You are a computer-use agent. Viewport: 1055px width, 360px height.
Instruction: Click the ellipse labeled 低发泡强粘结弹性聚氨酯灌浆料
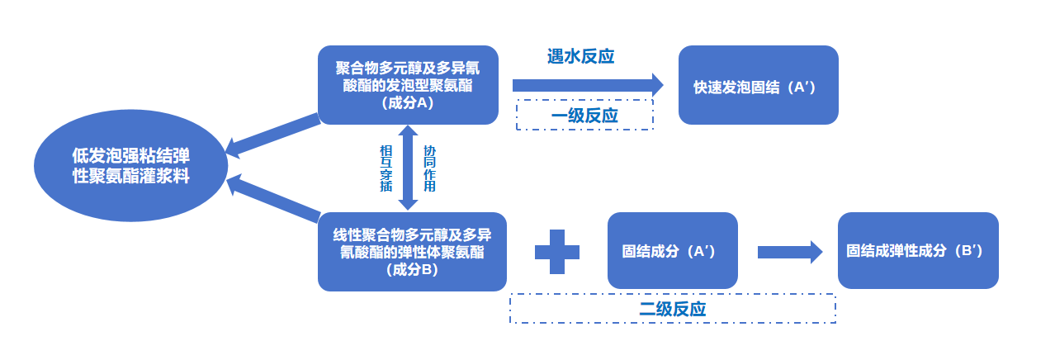pyautogui.click(x=130, y=166)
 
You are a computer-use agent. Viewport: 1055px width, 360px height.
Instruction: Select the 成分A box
pyautogui.click(x=408, y=85)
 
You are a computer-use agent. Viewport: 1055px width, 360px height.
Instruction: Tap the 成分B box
pyautogui.click(x=412, y=252)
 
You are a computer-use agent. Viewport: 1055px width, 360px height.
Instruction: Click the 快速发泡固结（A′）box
pyautogui.click(x=758, y=85)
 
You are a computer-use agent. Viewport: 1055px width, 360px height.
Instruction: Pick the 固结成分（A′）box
pyautogui.click(x=672, y=251)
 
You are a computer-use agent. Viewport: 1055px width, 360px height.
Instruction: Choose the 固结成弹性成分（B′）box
pyautogui.click(x=917, y=251)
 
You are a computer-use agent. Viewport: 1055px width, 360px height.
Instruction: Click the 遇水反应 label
pyautogui.click(x=580, y=56)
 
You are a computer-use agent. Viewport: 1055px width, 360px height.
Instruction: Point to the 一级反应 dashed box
pyautogui.click(x=584, y=115)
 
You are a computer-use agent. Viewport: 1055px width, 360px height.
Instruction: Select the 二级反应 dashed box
pyautogui.click(x=673, y=309)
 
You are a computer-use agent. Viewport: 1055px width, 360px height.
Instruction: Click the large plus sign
pyautogui.click(x=557, y=251)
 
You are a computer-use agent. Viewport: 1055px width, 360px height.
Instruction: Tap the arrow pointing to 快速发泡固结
pyautogui.click(x=587, y=84)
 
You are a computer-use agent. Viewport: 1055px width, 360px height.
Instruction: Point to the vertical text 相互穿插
pyautogui.click(x=386, y=168)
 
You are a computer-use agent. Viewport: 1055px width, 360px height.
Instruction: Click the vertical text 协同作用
pyautogui.click(x=429, y=168)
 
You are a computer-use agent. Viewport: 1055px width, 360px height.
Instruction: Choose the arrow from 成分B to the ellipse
pyautogui.click(x=272, y=198)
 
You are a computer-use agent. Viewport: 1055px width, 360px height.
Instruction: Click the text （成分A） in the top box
pyautogui.click(x=408, y=102)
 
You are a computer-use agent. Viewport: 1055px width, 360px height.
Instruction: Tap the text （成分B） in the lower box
pyautogui.click(x=412, y=269)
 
